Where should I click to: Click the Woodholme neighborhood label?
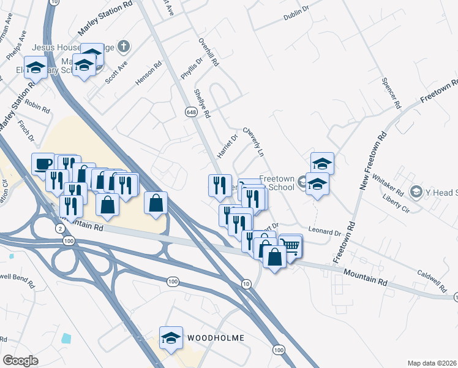click(x=216, y=338)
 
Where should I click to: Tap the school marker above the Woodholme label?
click(x=171, y=337)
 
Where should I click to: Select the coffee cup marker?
click(x=43, y=164)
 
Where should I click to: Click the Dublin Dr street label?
click(x=298, y=15)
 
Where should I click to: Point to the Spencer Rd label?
click(x=389, y=93)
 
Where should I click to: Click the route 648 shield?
click(x=191, y=112)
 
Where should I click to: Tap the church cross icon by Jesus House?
click(x=124, y=45)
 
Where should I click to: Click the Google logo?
click(x=20, y=360)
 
